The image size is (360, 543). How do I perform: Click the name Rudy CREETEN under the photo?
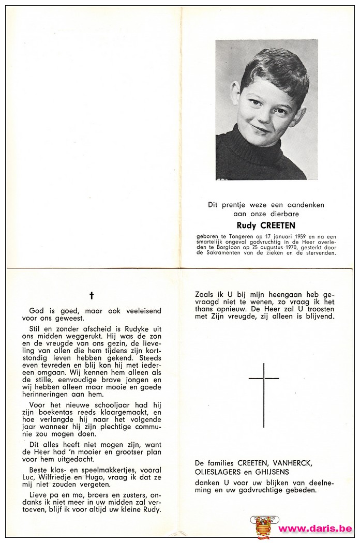(x=266, y=225)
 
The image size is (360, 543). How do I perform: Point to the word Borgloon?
(x=223, y=247)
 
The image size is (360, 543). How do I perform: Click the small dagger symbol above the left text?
(x=92, y=295)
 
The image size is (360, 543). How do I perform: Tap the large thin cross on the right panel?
(x=264, y=395)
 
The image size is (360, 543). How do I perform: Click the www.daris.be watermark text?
(x=315, y=529)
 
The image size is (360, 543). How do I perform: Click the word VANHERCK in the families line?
(x=293, y=463)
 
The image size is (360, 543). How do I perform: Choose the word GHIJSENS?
(x=271, y=472)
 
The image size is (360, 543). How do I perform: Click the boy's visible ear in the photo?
(x=236, y=94)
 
